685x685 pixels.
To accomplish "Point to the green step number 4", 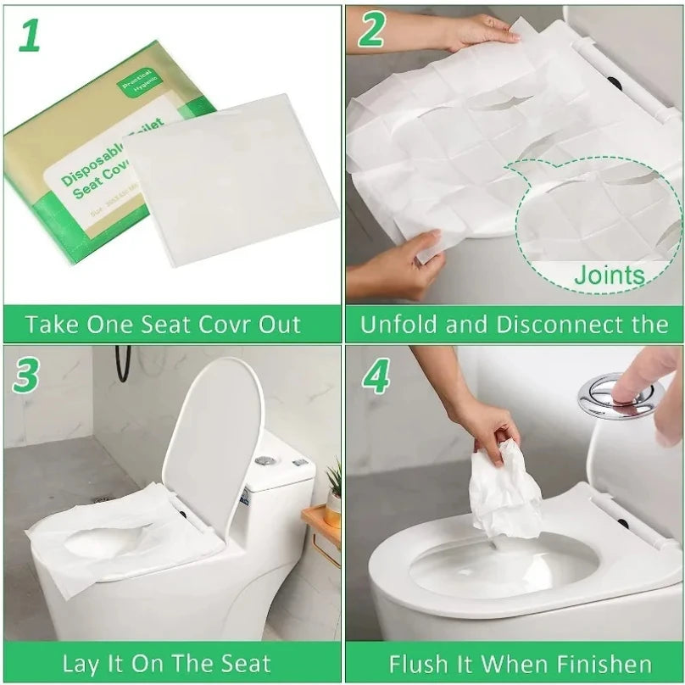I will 376,376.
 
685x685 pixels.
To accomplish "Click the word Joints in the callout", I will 609,275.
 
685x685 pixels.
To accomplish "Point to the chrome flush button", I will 621,394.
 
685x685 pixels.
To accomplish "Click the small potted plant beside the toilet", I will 333,490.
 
